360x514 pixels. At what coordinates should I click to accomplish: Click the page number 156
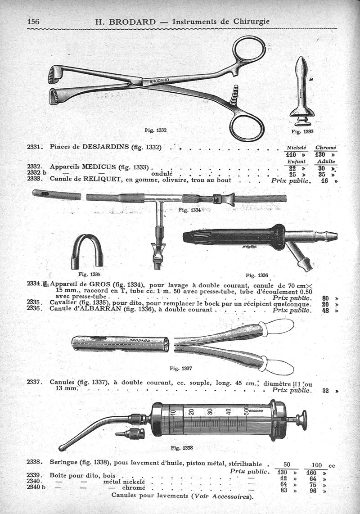pyautogui.click(x=33, y=22)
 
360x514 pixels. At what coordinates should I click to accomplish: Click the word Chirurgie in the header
pyautogui.click(x=252, y=21)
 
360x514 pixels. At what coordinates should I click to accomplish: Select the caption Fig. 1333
pyautogui.click(x=302, y=131)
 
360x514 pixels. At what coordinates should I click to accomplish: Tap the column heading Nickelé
pyautogui.click(x=296, y=148)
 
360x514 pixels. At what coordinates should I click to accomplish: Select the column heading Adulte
pyautogui.click(x=326, y=161)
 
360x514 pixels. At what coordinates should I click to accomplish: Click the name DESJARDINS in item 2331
pyautogui.click(x=106, y=147)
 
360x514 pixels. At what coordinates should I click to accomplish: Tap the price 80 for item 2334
pyautogui.click(x=325, y=298)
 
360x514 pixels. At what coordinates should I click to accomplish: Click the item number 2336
pyautogui.click(x=33, y=308)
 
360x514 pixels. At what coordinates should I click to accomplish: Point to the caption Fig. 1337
pyautogui.click(x=180, y=369)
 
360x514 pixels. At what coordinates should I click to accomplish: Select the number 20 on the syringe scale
pyautogui.click(x=191, y=411)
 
